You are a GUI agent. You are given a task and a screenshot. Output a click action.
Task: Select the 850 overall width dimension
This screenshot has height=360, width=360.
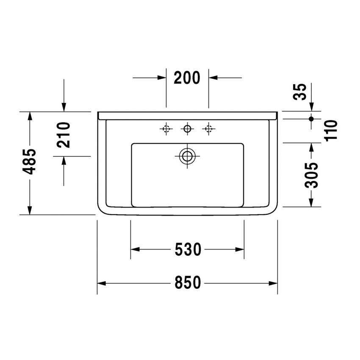click(187, 282)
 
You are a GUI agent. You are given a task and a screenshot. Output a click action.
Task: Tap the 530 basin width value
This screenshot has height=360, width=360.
click(187, 249)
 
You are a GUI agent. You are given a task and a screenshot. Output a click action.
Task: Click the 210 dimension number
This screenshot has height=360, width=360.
click(64, 134)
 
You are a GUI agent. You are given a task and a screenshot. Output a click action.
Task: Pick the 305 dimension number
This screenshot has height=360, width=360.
click(312, 175)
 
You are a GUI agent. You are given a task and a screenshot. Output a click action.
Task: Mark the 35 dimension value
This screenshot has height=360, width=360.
click(300, 91)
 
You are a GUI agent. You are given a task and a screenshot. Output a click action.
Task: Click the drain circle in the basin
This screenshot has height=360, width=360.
click(186, 156)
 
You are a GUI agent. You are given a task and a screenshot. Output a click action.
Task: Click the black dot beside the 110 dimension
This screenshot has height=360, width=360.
click(311, 119)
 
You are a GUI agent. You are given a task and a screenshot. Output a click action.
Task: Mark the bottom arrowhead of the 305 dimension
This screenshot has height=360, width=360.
click(311, 203)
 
